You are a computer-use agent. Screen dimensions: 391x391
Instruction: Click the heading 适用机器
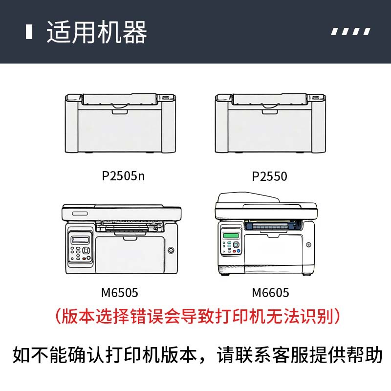click(x=97, y=32)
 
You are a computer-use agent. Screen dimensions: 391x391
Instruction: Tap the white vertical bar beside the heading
click(x=29, y=32)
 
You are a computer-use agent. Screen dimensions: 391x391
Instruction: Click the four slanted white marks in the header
click(x=350, y=32)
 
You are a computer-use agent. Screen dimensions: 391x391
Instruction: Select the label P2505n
click(x=123, y=176)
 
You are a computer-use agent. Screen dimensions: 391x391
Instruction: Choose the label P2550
click(x=269, y=176)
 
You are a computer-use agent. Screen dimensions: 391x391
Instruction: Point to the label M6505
click(x=120, y=293)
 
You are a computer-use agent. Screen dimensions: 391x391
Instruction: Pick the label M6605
click(x=270, y=293)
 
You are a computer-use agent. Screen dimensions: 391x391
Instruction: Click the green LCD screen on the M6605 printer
click(x=228, y=236)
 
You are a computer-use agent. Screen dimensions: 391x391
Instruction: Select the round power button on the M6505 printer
click(x=171, y=251)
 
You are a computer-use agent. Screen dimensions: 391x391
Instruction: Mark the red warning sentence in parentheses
click(x=197, y=316)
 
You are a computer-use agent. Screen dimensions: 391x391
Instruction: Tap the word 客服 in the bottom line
click(x=298, y=355)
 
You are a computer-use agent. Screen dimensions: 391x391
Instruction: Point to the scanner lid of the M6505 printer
click(x=121, y=213)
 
